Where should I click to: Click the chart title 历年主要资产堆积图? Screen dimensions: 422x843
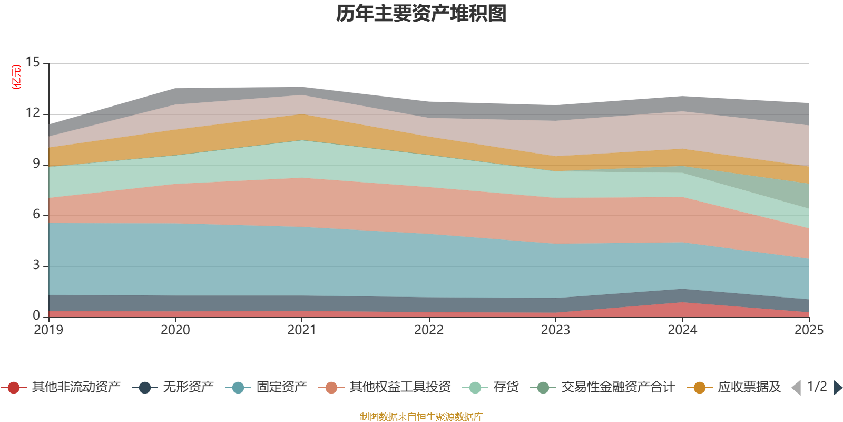pos(421,14)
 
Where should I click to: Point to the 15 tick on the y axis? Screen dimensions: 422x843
pos(33,63)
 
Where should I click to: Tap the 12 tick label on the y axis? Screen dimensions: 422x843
pos(33,113)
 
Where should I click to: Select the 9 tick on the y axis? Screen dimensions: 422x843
pos(36,164)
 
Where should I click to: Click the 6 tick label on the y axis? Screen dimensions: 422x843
pos(36,215)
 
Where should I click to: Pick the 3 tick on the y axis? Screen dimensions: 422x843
pos(36,265)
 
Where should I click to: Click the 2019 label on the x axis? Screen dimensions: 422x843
pos(48,330)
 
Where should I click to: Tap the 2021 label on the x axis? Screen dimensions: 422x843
pos(302,330)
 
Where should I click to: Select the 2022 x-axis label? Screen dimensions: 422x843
pos(429,330)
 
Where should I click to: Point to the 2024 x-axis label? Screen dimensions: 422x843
pos(682,330)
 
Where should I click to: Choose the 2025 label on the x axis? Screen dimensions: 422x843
pos(809,330)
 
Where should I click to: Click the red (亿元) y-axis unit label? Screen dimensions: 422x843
pos(17,77)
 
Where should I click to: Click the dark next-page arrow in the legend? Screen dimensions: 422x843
pos(837,388)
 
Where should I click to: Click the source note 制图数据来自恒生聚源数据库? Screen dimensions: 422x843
pos(421,417)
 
